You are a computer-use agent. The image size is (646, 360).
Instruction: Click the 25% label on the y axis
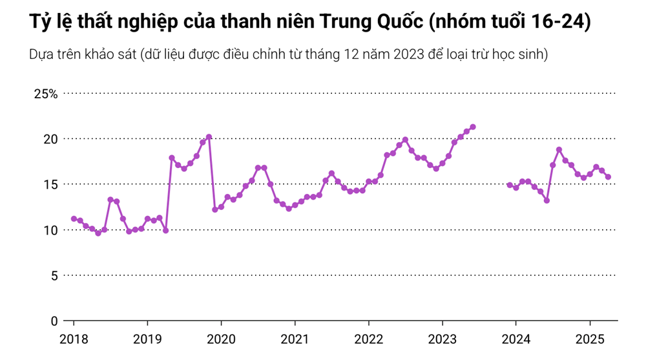coord(46,94)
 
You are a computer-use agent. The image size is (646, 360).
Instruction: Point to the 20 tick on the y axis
coord(50,139)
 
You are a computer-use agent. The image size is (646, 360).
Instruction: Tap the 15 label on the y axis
coord(50,185)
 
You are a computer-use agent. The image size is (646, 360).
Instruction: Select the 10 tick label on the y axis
coord(50,230)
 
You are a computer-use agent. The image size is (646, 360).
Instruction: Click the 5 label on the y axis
coord(54,276)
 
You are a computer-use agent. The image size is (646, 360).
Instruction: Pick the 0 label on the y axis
coord(54,321)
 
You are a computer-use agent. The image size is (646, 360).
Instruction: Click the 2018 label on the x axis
coord(74,339)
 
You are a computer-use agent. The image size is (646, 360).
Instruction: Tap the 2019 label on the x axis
coord(147,339)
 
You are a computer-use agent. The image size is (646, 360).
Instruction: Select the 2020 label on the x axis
coord(221,339)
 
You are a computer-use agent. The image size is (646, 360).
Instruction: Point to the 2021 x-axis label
coord(295,339)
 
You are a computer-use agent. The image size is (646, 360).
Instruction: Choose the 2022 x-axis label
coord(368,339)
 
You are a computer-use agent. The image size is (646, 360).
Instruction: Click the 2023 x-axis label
coord(442,339)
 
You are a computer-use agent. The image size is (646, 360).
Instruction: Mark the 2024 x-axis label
coord(516,339)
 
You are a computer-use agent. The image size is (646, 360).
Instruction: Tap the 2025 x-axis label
coord(589,339)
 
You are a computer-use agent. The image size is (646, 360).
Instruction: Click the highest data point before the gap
coord(473,127)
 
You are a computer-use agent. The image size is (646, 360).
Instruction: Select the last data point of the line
coord(608,177)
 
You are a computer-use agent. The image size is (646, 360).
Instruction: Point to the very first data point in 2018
coord(74,218)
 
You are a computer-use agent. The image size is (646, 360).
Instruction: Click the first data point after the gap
coord(510,185)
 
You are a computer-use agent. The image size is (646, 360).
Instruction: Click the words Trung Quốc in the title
coord(368,22)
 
